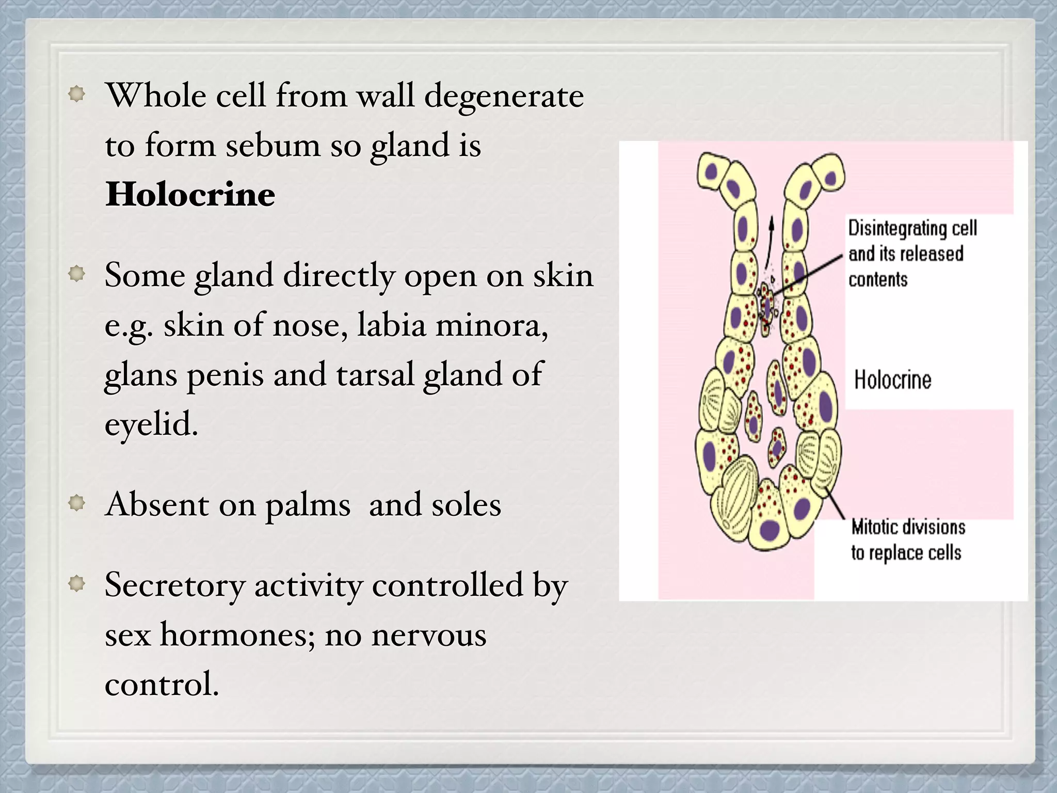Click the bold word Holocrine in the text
(190, 195)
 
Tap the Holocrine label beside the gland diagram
(892, 380)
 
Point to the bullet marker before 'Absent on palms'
(76, 503)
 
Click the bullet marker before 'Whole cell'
(76, 94)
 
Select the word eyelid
(151, 424)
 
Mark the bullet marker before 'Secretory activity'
(76, 584)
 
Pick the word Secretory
(174, 585)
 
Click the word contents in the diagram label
(878, 280)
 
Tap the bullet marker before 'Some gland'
(76, 274)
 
